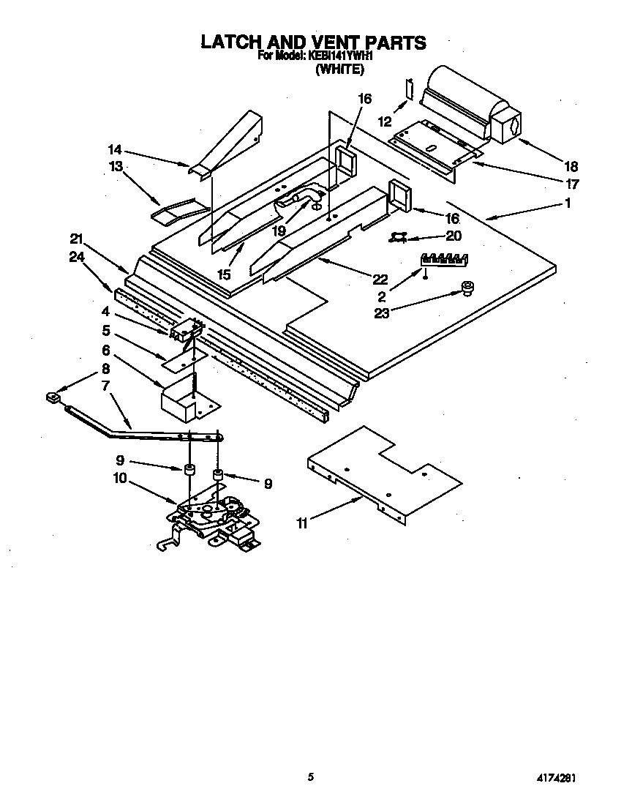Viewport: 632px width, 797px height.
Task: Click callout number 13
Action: click(116, 166)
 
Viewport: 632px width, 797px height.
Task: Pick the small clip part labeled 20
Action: click(399, 236)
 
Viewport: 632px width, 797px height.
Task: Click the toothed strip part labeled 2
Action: click(443, 258)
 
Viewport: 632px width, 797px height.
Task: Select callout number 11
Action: click(301, 523)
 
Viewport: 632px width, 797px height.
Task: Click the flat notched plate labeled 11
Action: click(384, 476)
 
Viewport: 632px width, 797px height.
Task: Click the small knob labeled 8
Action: click(52, 397)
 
